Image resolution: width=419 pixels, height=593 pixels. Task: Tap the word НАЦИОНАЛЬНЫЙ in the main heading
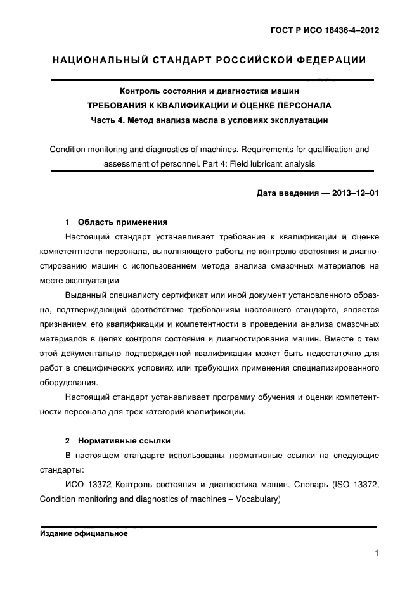tap(100, 61)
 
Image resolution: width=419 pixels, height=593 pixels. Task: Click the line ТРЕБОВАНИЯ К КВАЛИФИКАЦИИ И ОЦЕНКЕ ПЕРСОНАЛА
tap(209, 105)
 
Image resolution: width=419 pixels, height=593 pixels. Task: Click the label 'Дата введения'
tap(283, 193)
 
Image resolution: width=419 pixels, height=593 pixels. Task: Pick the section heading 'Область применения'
tap(122, 222)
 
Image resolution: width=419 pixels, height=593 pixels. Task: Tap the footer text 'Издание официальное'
tap(84, 533)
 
